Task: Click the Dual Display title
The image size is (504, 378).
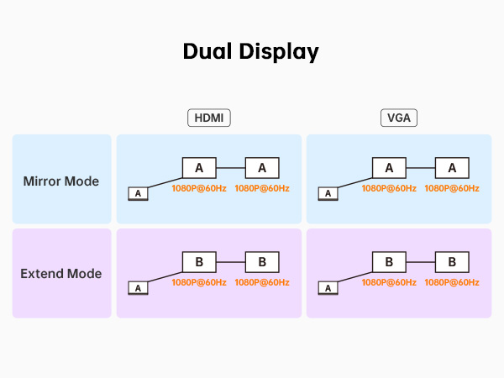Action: (x=251, y=51)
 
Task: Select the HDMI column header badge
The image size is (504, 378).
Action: (x=208, y=119)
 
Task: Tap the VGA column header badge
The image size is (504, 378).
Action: (x=398, y=119)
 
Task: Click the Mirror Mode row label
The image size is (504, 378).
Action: (x=61, y=181)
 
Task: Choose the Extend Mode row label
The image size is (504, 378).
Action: (x=61, y=274)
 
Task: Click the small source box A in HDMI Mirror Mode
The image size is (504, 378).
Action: (x=137, y=194)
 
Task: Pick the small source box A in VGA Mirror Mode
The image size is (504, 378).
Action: (x=327, y=194)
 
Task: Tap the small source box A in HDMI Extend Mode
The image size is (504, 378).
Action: (x=137, y=288)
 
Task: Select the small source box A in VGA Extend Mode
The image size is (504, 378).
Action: (x=327, y=288)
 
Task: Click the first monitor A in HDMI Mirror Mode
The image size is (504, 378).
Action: (x=199, y=168)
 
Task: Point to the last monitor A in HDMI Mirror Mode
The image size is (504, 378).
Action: (x=262, y=168)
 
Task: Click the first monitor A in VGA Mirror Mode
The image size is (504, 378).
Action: (x=389, y=168)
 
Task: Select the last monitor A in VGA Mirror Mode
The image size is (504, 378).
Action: (x=452, y=168)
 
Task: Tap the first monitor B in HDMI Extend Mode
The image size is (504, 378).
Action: (x=199, y=262)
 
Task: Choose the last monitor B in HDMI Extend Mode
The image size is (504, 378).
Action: (x=262, y=262)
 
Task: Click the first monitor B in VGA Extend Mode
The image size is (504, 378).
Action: (x=389, y=262)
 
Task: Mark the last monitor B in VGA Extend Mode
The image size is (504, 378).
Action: (x=452, y=262)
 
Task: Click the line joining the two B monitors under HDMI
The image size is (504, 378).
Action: (x=230, y=262)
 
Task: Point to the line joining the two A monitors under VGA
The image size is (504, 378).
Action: (x=420, y=168)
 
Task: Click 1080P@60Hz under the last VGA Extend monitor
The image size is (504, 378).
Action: (x=452, y=282)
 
